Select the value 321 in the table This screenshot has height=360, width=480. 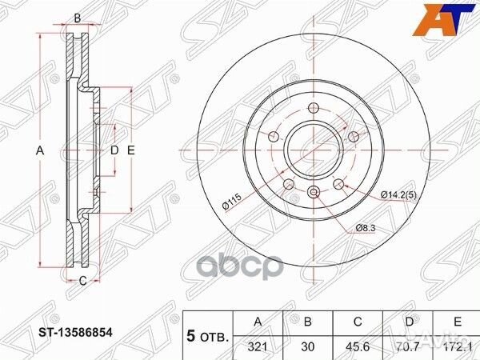pyautogui.click(x=256, y=345)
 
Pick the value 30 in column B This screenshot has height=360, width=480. pyautogui.click(x=308, y=345)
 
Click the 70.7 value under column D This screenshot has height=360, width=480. pyautogui.click(x=411, y=345)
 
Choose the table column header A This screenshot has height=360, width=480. pyautogui.click(x=256, y=322)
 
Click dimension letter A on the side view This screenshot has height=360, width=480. pyautogui.click(x=39, y=150)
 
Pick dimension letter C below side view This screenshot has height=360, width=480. pyautogui.click(x=82, y=279)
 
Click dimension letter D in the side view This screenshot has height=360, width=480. pyautogui.click(x=114, y=150)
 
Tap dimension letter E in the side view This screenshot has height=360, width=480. pyautogui.click(x=130, y=150)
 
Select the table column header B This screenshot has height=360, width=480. pyautogui.click(x=308, y=322)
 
